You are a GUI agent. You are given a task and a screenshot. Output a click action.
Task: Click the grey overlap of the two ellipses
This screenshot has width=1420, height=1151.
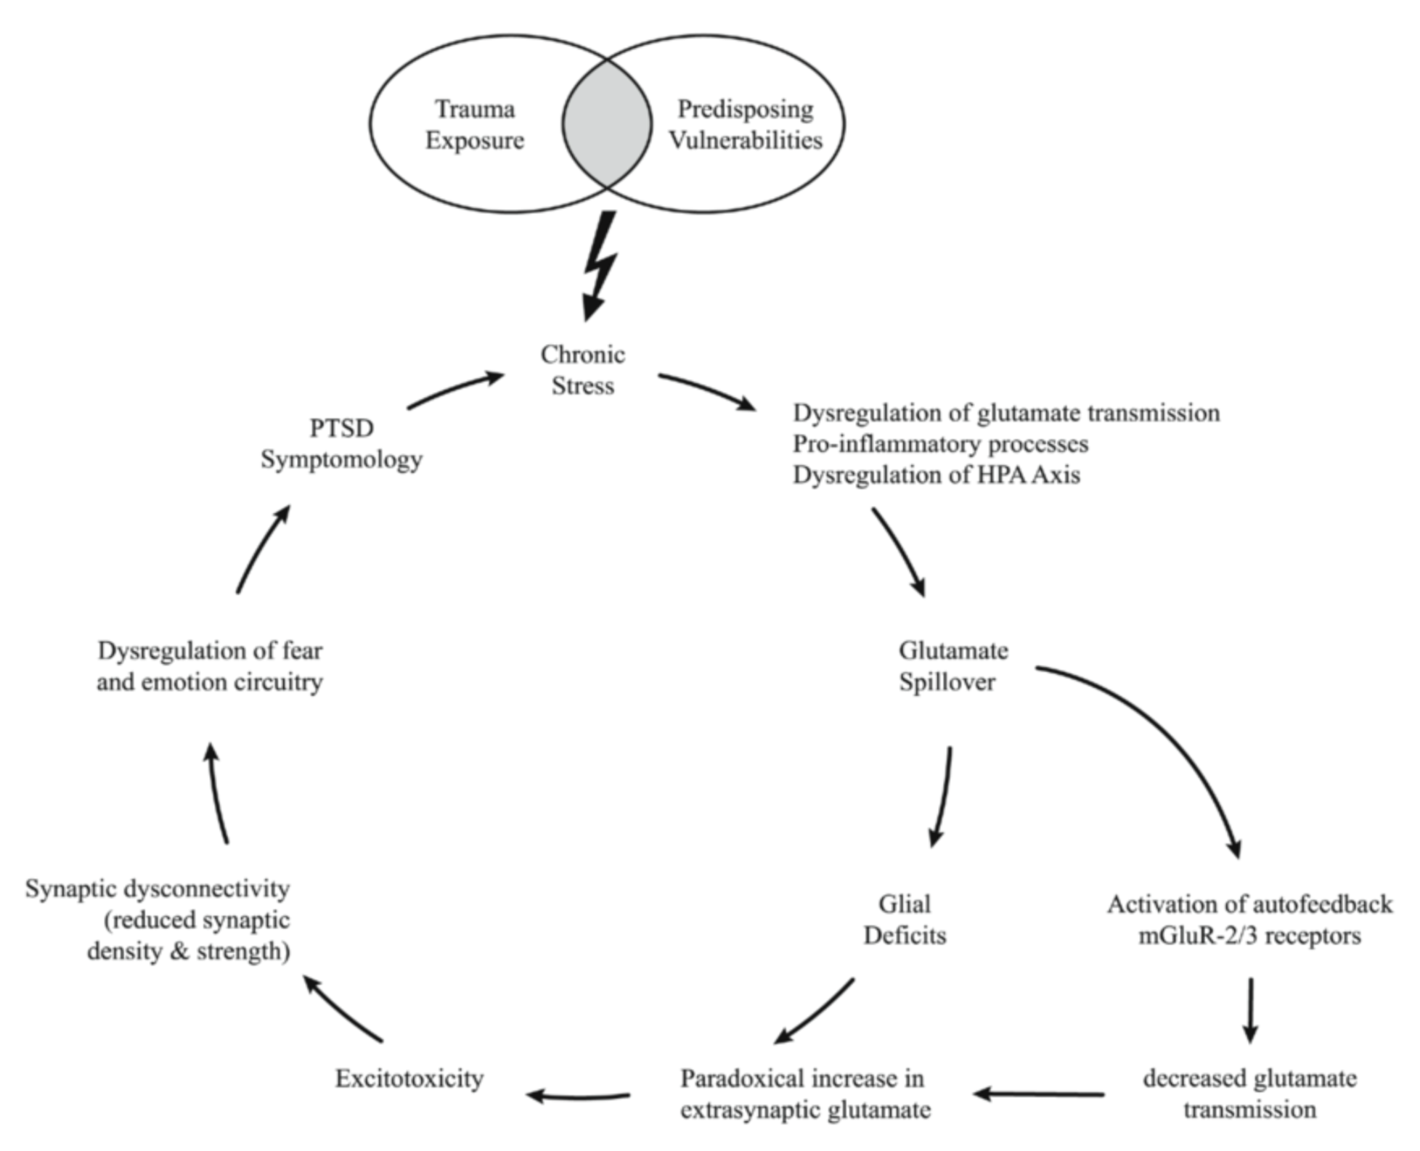(x=607, y=124)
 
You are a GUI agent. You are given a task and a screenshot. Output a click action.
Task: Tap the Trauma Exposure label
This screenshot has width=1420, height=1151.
(x=475, y=124)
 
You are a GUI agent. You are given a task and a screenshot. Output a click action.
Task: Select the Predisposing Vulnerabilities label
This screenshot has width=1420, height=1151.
(x=746, y=124)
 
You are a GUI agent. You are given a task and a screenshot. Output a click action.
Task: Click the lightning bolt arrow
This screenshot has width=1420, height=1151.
(x=600, y=266)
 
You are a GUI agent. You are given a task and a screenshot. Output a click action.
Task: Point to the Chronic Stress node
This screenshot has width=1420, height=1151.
(x=583, y=369)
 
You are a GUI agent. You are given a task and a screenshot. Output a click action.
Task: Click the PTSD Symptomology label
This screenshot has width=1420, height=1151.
(x=341, y=443)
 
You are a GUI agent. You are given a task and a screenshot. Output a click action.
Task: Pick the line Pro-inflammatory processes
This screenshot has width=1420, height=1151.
(x=941, y=443)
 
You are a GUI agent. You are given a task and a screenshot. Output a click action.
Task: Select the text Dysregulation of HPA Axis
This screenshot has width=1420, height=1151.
(x=937, y=475)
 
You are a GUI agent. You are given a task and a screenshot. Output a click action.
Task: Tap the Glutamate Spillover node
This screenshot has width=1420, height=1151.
(x=953, y=666)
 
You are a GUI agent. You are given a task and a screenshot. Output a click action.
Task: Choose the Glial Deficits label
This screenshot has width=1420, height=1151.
(x=905, y=919)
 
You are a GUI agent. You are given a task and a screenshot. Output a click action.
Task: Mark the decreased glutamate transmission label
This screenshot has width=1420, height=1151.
(x=1249, y=1094)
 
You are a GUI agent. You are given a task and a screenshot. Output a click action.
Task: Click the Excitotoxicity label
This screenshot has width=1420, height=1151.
(x=409, y=1078)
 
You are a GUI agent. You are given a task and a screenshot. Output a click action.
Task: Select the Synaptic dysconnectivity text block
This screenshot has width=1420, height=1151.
(x=158, y=919)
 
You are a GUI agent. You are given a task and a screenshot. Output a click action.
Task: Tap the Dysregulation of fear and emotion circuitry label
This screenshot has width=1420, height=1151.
(x=210, y=666)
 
